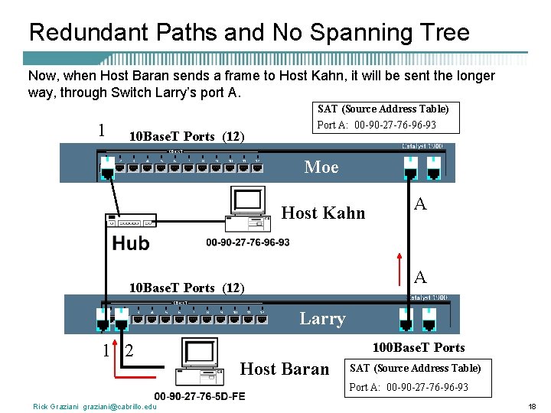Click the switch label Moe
[321, 167]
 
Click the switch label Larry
[322, 318]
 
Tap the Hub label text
[131, 244]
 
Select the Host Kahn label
[324, 213]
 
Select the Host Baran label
[285, 369]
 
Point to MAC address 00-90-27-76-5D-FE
[200, 396]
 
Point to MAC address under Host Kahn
[248, 242]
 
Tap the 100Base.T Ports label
[418, 348]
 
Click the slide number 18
[532, 406]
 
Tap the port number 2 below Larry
[129, 351]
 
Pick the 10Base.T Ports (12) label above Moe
[187, 136]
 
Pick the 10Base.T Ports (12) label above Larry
[187, 288]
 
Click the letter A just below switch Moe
[420, 204]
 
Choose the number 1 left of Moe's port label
[102, 129]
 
